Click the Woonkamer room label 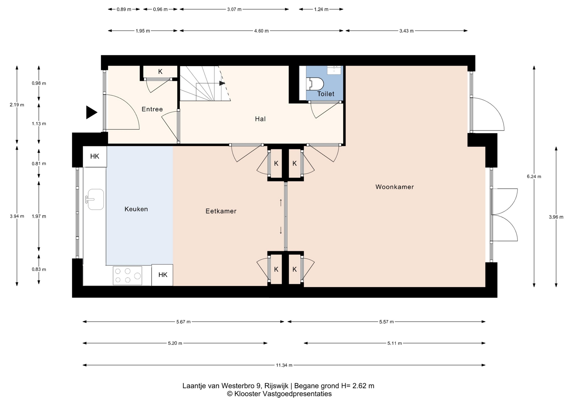coord(395,187)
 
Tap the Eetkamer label coord(221,211)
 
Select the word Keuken coord(136,209)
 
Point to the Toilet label coord(326,94)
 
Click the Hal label coord(260,119)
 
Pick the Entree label coord(152,109)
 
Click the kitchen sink coord(95,199)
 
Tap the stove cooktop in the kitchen coord(127,276)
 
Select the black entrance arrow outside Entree coord(92,112)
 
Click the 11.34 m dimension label coord(284,365)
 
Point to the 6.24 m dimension coord(534,177)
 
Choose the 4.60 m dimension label coord(261,31)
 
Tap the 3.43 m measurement coord(406,31)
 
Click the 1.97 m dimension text coord(39,216)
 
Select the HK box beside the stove coord(162,275)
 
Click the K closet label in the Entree coord(160,72)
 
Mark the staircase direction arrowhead coord(222,83)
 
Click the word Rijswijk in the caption coord(276,386)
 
